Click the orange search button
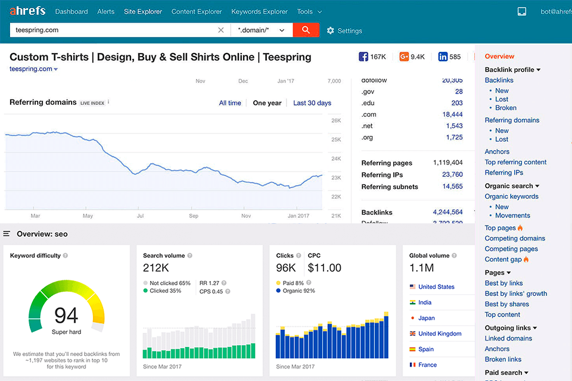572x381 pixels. point(306,30)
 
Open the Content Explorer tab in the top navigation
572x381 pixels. point(197,11)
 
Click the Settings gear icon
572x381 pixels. point(331,30)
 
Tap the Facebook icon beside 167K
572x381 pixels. point(363,57)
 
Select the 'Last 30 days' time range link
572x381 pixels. point(312,103)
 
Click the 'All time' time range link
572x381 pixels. point(230,103)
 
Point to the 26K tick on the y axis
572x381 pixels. point(335,121)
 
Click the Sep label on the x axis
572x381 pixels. point(194,216)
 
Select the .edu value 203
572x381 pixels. point(456,103)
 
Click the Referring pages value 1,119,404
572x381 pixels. point(447,163)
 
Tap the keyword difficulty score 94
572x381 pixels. point(66,315)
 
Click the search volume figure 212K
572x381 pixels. point(156,268)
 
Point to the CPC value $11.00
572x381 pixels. point(324,268)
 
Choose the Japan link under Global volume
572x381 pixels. point(427,318)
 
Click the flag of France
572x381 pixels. point(412,365)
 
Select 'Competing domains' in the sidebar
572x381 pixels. point(515,238)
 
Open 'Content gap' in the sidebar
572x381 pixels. point(503,260)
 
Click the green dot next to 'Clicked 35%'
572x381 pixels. point(146,291)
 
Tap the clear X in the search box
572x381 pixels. point(221,30)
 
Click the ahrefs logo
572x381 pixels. point(27,11)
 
